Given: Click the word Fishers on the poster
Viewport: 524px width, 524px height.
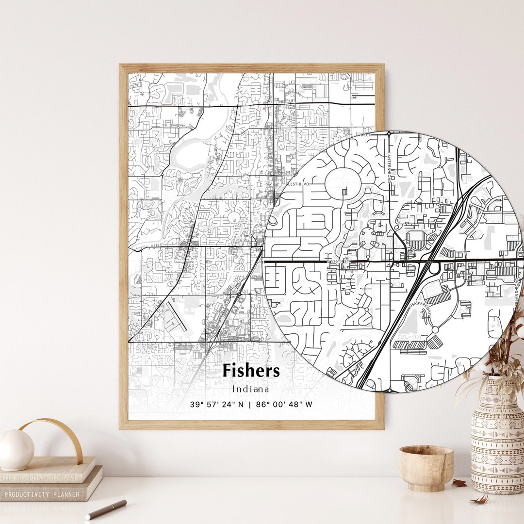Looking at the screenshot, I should pyautogui.click(x=251, y=371).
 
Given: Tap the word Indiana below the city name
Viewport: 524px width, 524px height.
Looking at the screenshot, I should pyautogui.click(x=251, y=389).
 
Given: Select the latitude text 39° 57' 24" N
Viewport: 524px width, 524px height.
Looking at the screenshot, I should pyautogui.click(x=217, y=404).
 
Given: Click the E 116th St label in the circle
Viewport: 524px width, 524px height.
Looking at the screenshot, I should pyautogui.click(x=338, y=261).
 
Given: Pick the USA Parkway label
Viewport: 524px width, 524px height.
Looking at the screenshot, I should pyautogui.click(x=420, y=309).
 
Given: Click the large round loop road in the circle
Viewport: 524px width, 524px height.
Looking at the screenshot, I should pyautogui.click(x=343, y=182).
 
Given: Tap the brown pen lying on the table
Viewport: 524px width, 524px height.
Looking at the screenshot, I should pyautogui.click(x=106, y=509).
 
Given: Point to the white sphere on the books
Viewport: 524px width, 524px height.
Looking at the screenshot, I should pyautogui.click(x=16, y=450).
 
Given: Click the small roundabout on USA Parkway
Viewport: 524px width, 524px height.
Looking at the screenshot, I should pyautogui.click(x=435, y=329).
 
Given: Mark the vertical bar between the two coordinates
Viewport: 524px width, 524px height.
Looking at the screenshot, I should pyautogui.click(x=250, y=404).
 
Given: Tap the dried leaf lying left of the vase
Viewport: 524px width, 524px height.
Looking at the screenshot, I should pyautogui.click(x=459, y=483).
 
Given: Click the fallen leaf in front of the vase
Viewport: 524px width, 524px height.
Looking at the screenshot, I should pyautogui.click(x=480, y=499).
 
